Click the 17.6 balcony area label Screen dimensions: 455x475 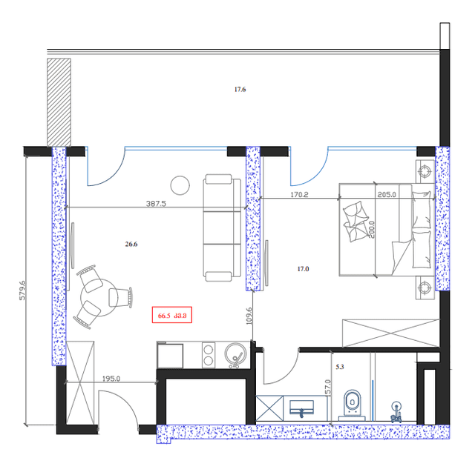click(240, 90)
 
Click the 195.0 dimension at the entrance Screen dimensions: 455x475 click(111, 379)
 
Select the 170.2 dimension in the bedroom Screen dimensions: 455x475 click(300, 196)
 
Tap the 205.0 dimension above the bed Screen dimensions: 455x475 click(387, 196)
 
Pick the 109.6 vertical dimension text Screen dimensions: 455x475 click(249, 316)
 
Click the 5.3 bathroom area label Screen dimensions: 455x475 click(340, 366)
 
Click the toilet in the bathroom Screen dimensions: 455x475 click(352, 403)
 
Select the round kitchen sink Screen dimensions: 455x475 click(237, 354)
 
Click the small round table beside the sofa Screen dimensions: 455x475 click(180, 185)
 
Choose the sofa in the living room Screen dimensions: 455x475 click(223, 228)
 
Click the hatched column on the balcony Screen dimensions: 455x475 click(59, 102)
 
